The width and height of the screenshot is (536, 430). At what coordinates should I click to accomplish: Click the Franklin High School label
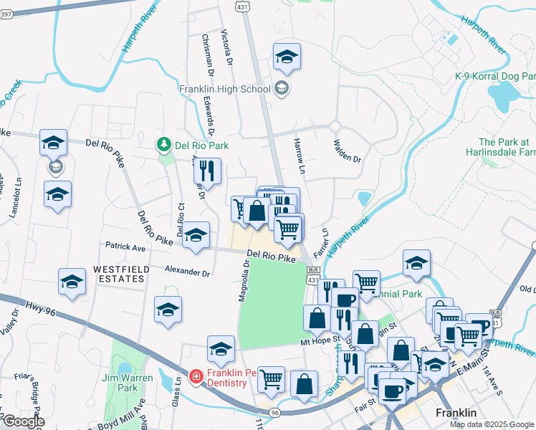pyautogui.click(x=225, y=90)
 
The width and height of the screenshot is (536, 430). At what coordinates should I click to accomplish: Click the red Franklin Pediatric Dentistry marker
pyautogui.click(x=196, y=376)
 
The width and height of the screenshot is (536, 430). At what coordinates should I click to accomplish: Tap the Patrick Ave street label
pyautogui.click(x=125, y=247)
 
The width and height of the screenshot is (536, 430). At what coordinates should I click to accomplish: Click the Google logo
pyautogui.click(x=24, y=421)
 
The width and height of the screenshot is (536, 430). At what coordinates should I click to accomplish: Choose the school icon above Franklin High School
pyautogui.click(x=287, y=57)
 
